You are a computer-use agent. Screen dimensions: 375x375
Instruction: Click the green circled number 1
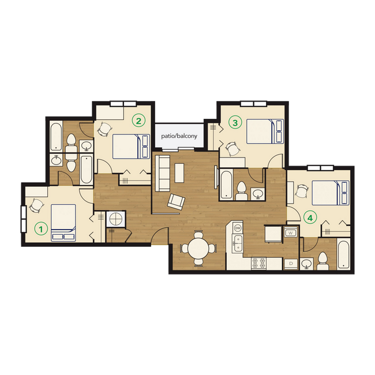tap(40, 228)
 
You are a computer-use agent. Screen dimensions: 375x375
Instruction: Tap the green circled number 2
tap(138, 121)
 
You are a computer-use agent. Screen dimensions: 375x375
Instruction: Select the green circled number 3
tap(234, 122)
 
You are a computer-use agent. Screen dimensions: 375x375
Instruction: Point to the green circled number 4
tap(310, 218)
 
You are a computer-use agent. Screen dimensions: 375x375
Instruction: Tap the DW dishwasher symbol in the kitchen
tap(237, 228)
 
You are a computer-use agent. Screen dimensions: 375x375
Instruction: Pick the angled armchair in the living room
tap(176, 201)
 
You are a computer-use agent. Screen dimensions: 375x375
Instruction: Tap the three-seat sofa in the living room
tap(162, 174)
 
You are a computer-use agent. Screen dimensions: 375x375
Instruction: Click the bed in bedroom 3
tap(265, 132)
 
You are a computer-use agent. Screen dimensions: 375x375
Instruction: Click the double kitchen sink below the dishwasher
tap(237, 245)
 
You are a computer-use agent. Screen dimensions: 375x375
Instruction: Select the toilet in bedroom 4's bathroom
tap(324, 261)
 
